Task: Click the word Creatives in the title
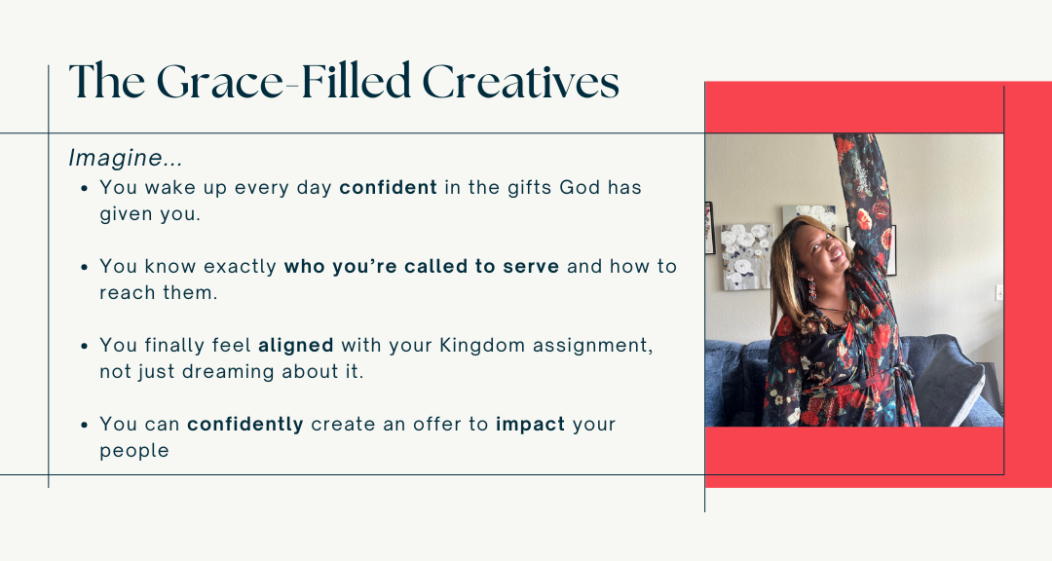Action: (x=520, y=82)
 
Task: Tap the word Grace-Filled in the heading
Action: (x=283, y=82)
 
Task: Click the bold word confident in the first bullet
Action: (x=388, y=187)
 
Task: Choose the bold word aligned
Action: (x=296, y=346)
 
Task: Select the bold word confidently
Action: (x=244, y=425)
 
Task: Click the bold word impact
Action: (x=530, y=425)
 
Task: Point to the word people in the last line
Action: (x=134, y=451)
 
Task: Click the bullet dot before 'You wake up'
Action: (x=85, y=189)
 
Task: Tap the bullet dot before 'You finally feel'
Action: (x=85, y=347)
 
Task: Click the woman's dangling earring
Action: (x=811, y=290)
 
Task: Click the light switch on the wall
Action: (x=999, y=292)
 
